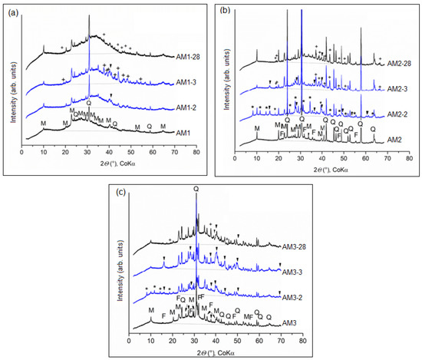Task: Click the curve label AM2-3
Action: (398, 90)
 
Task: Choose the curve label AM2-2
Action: (398, 114)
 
